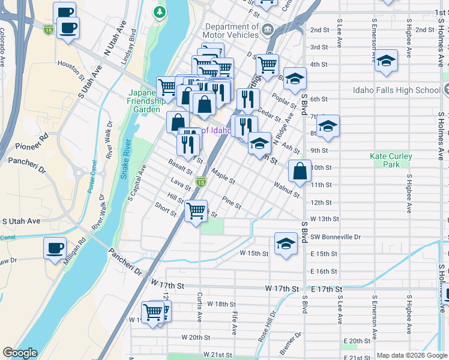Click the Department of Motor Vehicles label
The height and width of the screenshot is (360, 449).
pos(232,31)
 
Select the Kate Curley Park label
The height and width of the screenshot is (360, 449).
pos(391,160)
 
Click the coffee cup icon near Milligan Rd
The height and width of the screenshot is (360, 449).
pos(55,248)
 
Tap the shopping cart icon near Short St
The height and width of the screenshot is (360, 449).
pos(196,212)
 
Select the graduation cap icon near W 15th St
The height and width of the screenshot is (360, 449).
pos(286,243)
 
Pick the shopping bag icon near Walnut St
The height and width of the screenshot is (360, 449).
pos(300,171)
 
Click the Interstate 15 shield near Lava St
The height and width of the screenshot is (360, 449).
pos(201,182)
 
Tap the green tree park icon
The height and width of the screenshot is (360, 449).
pos(159,11)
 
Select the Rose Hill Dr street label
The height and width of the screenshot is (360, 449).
pos(267,325)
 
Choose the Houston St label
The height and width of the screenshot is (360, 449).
pos(71,69)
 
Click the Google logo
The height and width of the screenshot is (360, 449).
pos(20,353)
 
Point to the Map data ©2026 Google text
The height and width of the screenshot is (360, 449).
pos(411,355)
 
